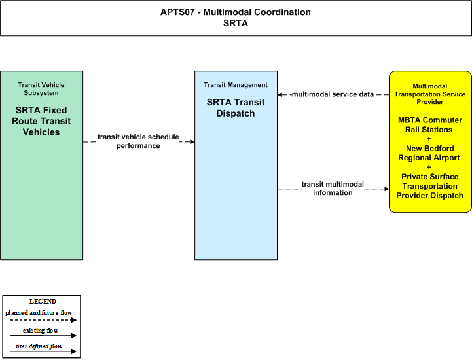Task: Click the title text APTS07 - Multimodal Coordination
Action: (x=236, y=12)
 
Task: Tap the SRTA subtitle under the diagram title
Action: (x=236, y=23)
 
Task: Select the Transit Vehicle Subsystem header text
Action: (x=41, y=89)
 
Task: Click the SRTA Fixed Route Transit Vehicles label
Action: (x=41, y=121)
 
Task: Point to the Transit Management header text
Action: (x=236, y=85)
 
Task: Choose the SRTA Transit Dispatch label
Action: (x=236, y=108)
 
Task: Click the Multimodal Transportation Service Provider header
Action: (x=430, y=94)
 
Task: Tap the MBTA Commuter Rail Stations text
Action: (x=430, y=125)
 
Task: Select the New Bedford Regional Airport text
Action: (x=429, y=153)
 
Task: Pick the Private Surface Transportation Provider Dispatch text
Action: (x=429, y=186)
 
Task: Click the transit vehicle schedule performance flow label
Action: (x=138, y=141)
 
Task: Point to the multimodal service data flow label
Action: (x=333, y=94)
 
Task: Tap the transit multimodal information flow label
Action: (x=333, y=189)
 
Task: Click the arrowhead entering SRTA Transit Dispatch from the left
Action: (x=192, y=142)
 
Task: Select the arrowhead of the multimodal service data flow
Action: (x=280, y=94)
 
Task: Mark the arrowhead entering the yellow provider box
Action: (x=386, y=189)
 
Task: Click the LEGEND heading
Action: (x=43, y=302)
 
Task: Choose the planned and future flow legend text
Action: (x=39, y=313)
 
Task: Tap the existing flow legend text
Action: (x=41, y=331)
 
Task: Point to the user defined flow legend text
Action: (x=39, y=346)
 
